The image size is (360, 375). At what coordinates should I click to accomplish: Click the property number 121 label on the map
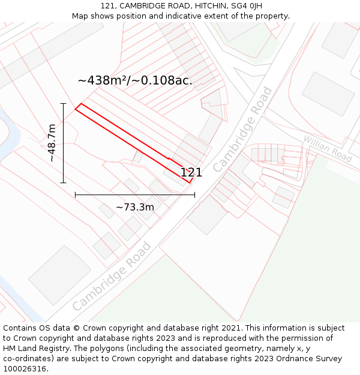tap(191, 173)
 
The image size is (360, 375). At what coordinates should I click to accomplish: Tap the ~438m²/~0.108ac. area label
tap(135, 80)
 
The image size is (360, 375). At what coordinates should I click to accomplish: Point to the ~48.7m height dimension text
tap(52, 143)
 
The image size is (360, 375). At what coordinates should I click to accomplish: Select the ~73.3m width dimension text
tap(135, 207)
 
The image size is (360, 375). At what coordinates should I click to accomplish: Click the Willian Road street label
tap(327, 148)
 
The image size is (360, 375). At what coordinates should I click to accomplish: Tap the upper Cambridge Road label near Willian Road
tap(243, 129)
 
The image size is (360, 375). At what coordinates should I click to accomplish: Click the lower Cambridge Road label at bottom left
tap(112, 276)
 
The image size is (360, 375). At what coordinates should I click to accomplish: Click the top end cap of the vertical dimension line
tap(63, 104)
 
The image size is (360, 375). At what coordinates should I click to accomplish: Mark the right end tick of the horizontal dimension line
tap(194, 194)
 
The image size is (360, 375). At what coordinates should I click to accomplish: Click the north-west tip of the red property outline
tap(76, 109)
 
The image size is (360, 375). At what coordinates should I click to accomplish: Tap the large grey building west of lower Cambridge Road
tap(60, 274)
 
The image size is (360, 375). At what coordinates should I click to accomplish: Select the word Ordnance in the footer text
tap(284, 359)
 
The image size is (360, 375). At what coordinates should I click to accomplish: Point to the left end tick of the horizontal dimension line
tap(75, 194)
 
